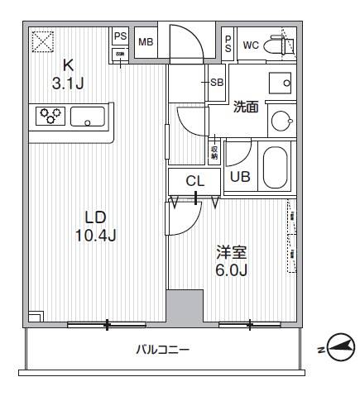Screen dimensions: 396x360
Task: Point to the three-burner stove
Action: pyautogui.click(x=50, y=117)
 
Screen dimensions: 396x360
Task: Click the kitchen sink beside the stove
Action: pyautogui.click(x=88, y=117)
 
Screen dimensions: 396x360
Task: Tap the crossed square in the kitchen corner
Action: pyautogui.click(x=41, y=40)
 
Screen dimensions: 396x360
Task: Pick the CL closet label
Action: pyautogui.click(x=194, y=181)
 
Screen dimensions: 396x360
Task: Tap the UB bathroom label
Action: pyautogui.click(x=240, y=176)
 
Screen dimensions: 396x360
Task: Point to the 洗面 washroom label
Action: pyautogui.click(x=247, y=107)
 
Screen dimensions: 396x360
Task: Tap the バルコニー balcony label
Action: pyautogui.click(x=163, y=350)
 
